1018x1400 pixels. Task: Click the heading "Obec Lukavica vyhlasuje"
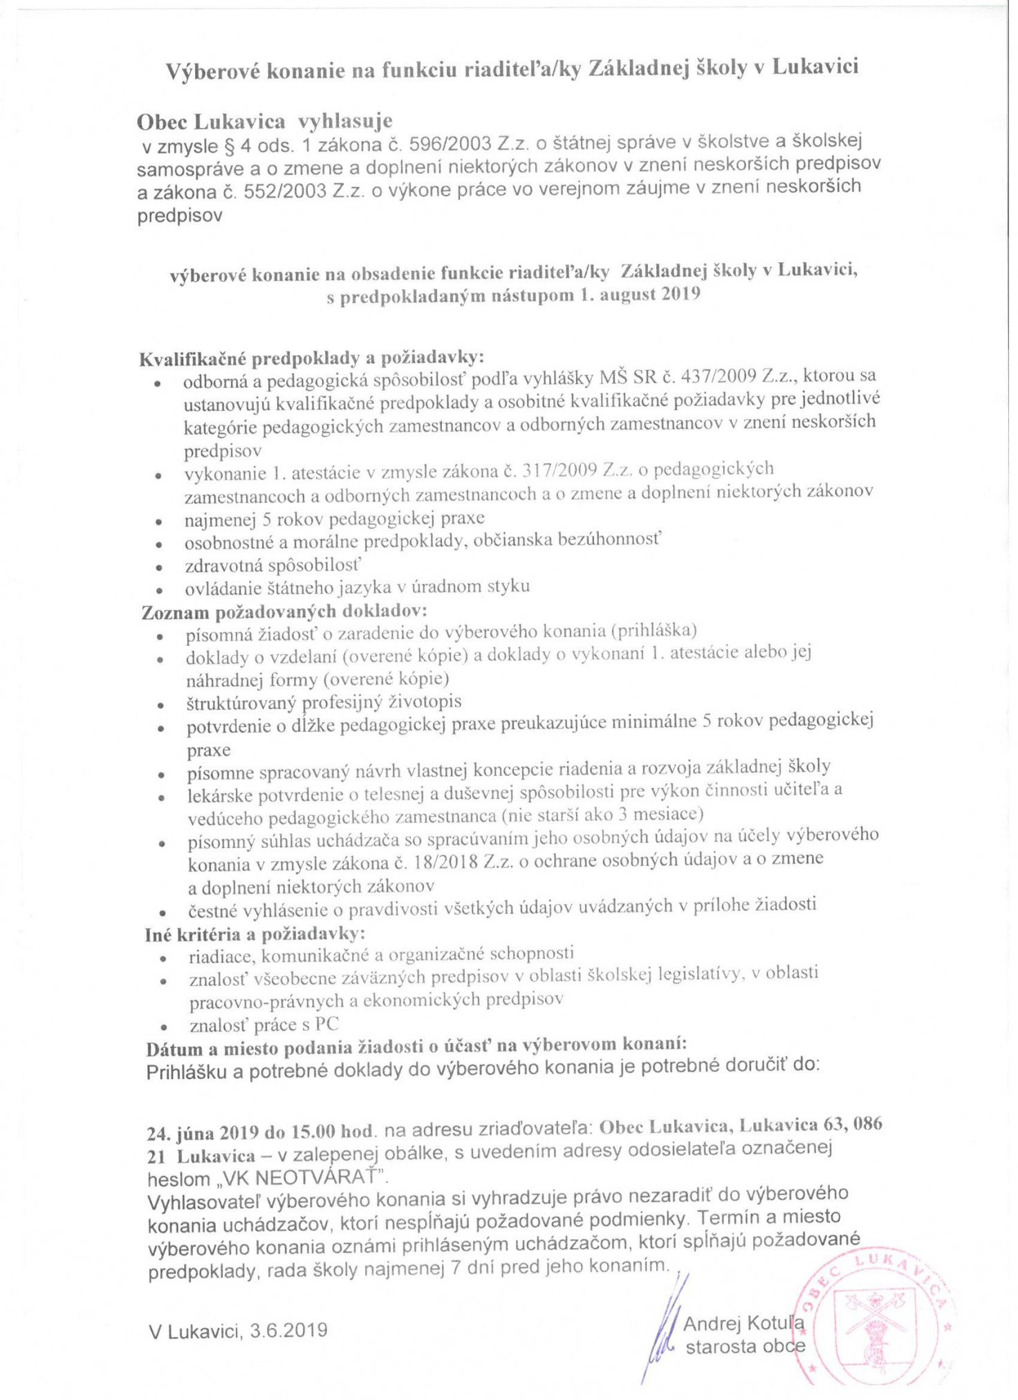(264, 122)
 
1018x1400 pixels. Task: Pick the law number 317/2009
(559, 470)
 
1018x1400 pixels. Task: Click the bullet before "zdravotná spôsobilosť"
(159, 567)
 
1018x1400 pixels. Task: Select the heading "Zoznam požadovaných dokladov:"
(284, 612)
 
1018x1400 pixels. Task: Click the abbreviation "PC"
(327, 1024)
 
